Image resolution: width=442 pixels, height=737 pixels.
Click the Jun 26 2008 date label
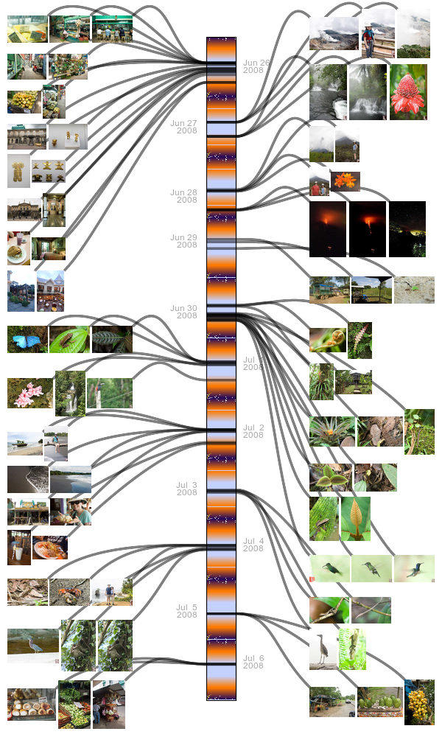(x=256, y=67)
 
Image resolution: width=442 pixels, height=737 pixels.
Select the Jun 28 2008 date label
(x=183, y=196)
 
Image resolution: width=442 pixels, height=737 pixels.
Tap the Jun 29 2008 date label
(x=183, y=241)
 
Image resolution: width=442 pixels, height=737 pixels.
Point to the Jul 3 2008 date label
(x=186, y=489)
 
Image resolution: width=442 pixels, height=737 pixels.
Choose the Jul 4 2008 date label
(x=253, y=545)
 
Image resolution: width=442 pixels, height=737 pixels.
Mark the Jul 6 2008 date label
(x=253, y=662)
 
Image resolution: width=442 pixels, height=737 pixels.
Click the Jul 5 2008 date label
(x=186, y=611)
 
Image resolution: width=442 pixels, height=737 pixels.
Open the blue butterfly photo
(x=27, y=339)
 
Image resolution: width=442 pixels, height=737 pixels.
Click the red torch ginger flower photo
(x=407, y=91)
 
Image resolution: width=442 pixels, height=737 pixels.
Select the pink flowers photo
(x=29, y=393)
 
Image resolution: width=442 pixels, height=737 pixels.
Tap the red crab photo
(x=69, y=592)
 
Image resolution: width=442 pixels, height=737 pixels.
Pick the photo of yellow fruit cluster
(x=418, y=702)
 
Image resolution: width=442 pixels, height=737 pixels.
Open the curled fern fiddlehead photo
(x=327, y=340)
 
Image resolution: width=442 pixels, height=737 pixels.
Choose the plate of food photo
(x=49, y=548)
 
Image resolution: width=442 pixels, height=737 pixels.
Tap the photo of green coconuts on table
(x=379, y=702)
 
